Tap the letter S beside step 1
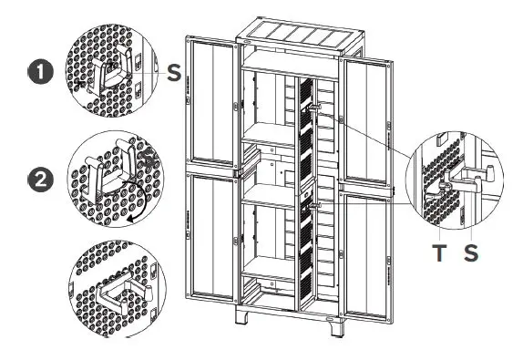173,72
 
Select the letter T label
440,254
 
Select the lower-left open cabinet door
215,242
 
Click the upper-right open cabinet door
370,114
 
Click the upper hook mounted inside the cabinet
314,108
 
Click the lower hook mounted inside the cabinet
314,205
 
